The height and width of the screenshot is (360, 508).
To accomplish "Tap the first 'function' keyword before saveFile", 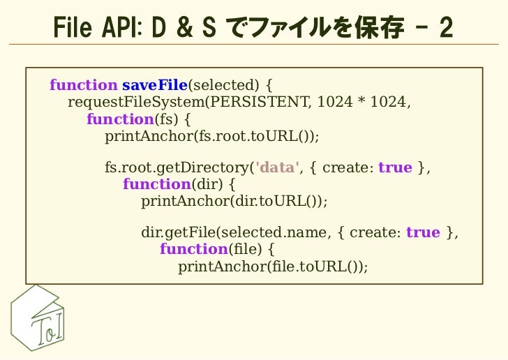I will [x=83, y=86].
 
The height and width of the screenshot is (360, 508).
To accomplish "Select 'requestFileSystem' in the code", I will [x=137, y=103].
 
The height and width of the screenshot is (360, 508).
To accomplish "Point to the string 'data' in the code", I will [x=278, y=168].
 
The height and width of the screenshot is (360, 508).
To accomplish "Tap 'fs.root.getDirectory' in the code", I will [x=177, y=168].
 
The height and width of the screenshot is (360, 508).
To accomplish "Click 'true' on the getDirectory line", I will [x=395, y=168].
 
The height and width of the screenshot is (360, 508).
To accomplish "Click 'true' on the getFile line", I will [x=423, y=232].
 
